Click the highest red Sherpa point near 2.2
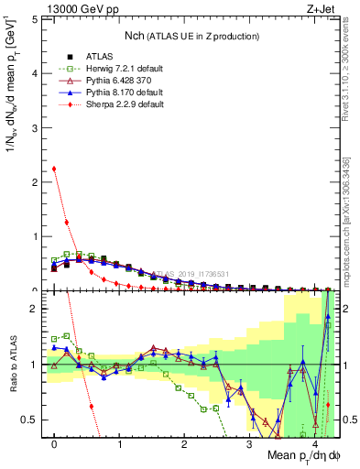click(x=54, y=169)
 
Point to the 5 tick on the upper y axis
click(x=37, y=18)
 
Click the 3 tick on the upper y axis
click(x=37, y=127)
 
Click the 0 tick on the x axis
click(x=54, y=444)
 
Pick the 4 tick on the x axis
click(x=313, y=444)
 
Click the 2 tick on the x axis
click(x=184, y=444)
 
